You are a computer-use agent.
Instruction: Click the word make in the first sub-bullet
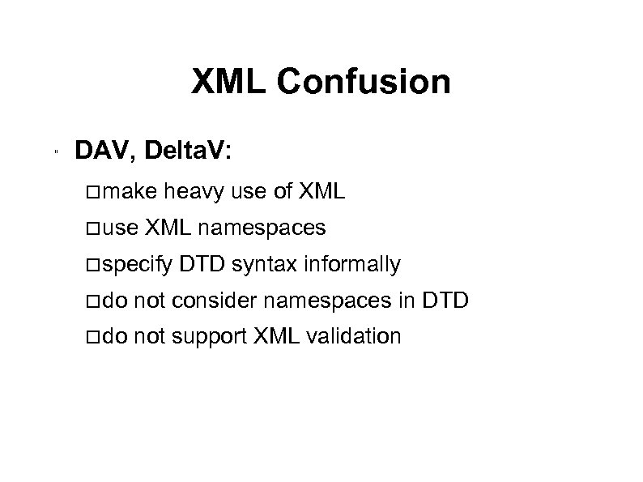pos(132,193)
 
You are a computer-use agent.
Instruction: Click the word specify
pos(138,264)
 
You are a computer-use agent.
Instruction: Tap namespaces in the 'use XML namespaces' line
pos(262,228)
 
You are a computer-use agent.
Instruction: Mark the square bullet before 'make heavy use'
pos(94,193)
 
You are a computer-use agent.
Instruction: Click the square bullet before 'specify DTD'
pos(94,264)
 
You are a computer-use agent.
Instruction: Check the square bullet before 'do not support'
pos(94,336)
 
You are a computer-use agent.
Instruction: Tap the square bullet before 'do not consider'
pos(94,301)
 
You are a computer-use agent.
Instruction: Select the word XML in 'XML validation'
pos(275,335)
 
